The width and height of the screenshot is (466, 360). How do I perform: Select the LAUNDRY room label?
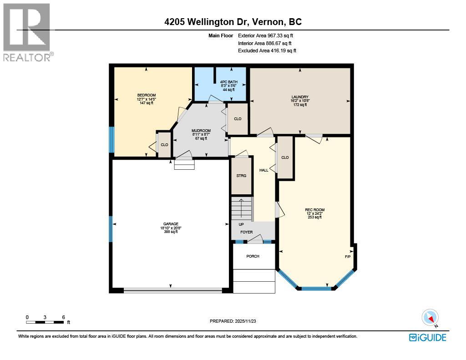[x=300, y=97]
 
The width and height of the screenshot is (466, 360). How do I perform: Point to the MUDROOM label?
[x=201, y=131]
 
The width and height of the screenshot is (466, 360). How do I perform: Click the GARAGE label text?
[x=171, y=224]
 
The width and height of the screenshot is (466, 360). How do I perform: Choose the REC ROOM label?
[x=314, y=210]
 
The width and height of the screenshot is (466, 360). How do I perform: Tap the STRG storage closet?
[x=241, y=175]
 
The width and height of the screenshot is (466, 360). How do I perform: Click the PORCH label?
[x=253, y=256]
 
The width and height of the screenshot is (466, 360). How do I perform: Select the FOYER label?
[x=246, y=232]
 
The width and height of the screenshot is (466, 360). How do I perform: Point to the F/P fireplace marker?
[x=348, y=257]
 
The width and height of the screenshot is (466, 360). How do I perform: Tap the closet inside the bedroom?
[x=164, y=145]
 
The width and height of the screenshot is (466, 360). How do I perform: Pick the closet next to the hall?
[x=285, y=157]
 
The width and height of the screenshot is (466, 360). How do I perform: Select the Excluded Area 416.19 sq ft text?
[x=267, y=51]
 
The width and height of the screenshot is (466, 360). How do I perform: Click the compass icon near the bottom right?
[x=430, y=317]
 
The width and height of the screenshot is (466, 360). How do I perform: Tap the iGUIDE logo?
[x=427, y=337]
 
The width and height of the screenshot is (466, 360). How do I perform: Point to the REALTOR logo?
[x=27, y=32]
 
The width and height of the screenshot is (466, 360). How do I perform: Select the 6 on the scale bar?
[x=63, y=317]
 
